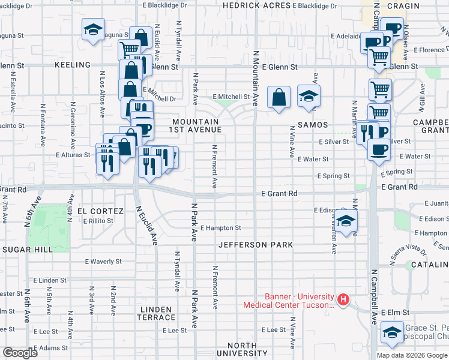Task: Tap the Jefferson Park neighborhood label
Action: [256, 245]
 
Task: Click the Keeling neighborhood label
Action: [72, 64]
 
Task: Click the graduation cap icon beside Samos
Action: [309, 96]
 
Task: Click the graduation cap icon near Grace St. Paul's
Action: [392, 332]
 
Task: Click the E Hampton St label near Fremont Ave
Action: [220, 228]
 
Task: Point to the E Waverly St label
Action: [103, 262]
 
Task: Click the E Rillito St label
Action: [98, 221]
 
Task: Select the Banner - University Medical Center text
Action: [289, 300]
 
